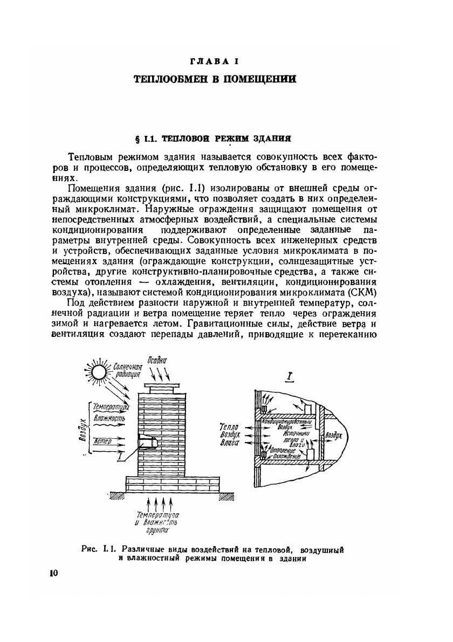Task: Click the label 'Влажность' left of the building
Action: (110, 418)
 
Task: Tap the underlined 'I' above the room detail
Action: (290, 377)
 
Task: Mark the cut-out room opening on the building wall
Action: (148, 441)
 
